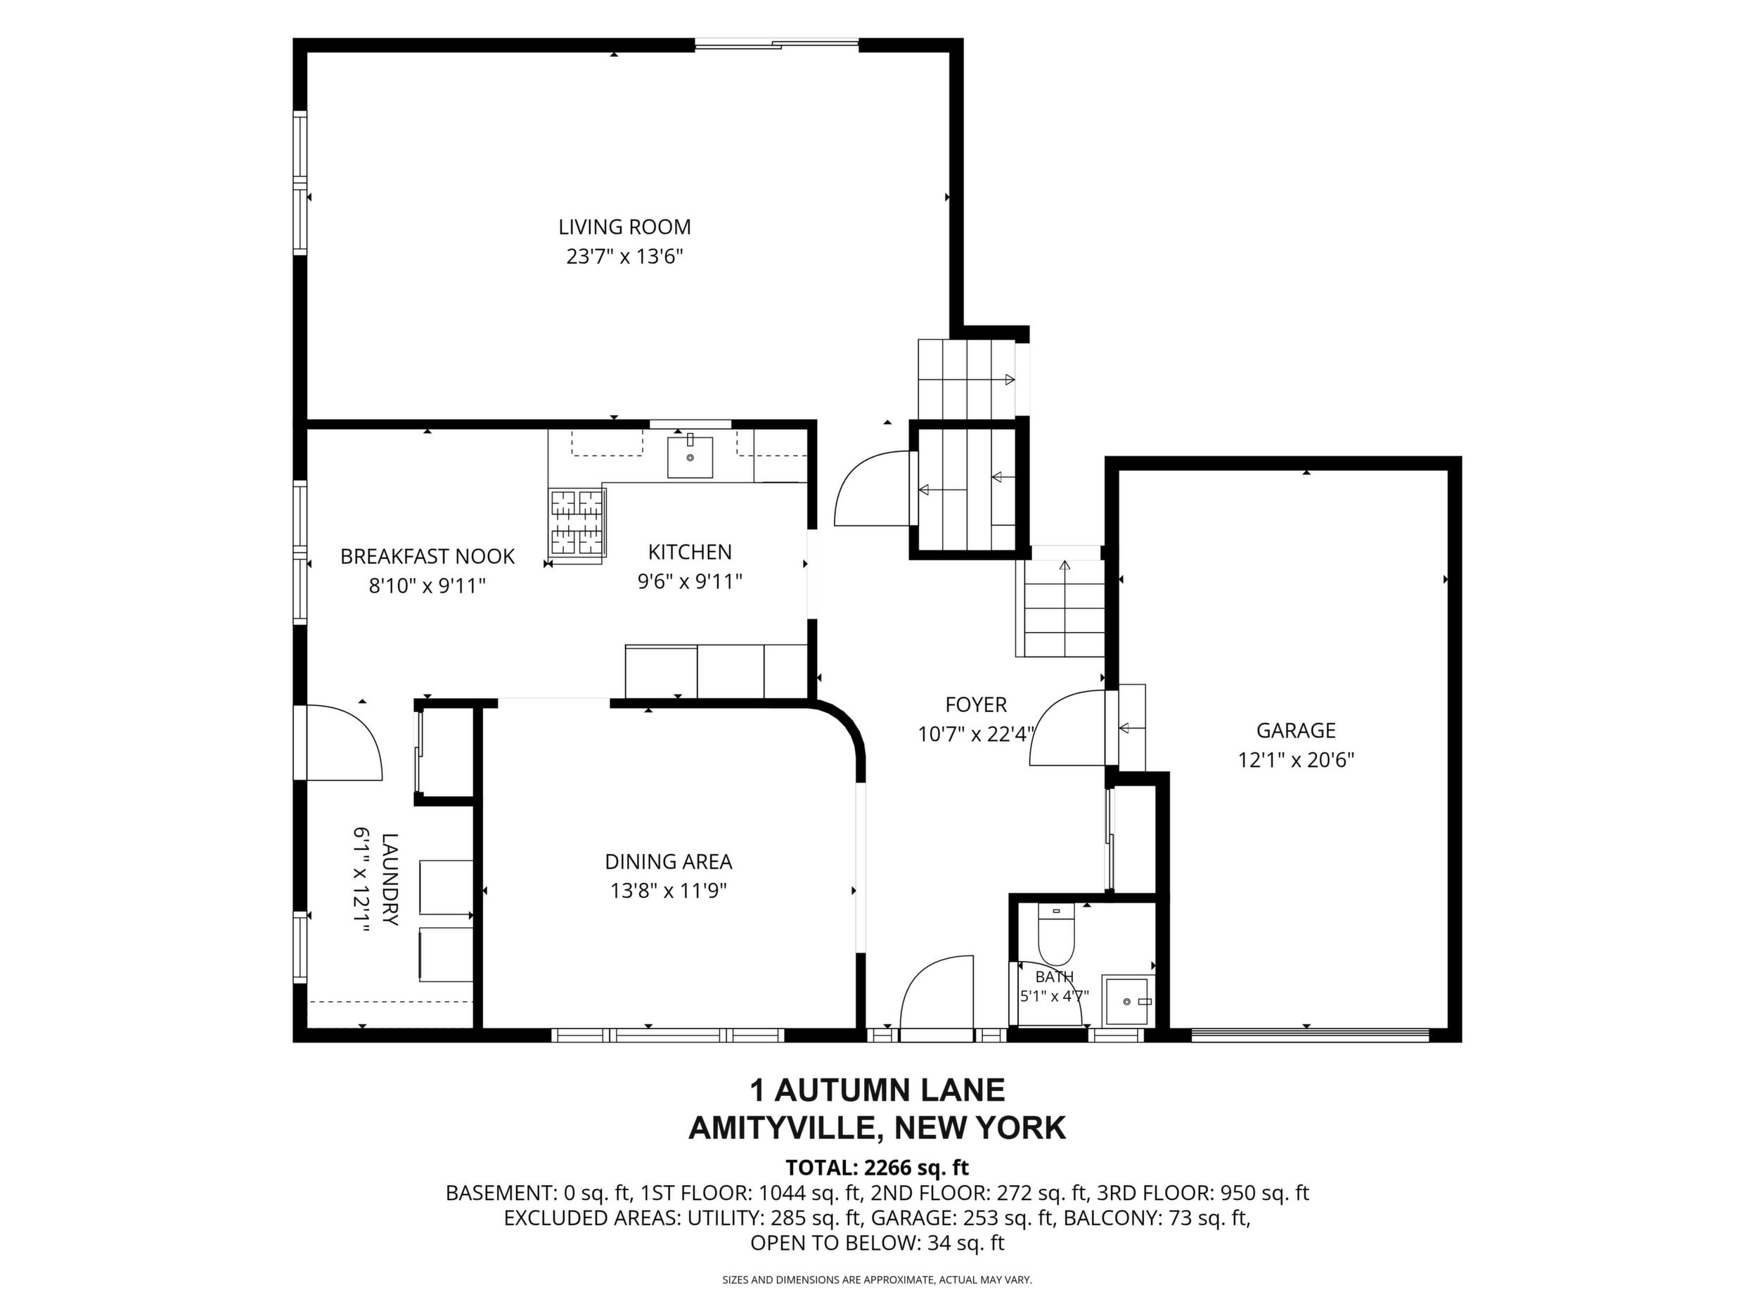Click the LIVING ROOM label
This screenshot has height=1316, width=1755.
pos(624,227)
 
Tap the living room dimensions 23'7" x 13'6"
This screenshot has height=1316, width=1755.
pos(624,257)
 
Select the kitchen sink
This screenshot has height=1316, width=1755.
pos(690,457)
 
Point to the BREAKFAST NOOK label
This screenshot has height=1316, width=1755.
pos(427,557)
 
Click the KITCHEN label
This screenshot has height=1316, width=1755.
pos(690,552)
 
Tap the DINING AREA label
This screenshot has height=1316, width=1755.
pos(668,861)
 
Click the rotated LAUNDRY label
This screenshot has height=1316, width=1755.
pos(389,879)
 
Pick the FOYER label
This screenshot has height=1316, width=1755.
pos(976,704)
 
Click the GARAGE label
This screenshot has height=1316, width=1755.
pos(1296,730)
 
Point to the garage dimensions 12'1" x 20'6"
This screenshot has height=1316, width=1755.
pos(1296,760)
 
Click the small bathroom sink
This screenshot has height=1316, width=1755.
pos(1127,1002)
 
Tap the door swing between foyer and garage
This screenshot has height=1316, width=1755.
pos(1067,728)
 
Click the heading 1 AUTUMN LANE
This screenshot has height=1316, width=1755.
pos(877,1090)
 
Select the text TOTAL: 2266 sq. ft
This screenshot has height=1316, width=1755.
pos(877,1168)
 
